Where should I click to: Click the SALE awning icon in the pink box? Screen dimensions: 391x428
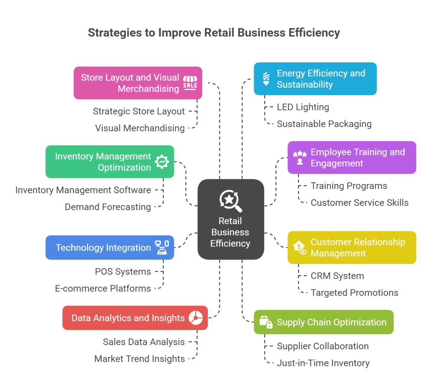point(190,83)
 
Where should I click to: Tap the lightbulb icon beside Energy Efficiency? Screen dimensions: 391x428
point(266,79)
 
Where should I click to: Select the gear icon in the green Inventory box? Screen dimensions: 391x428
point(162,162)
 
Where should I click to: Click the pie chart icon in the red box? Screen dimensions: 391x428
point(196,318)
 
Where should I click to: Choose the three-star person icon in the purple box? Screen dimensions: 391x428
point(300,157)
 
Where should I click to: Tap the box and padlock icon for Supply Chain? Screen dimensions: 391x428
point(266,322)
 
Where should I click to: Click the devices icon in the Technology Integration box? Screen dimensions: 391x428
point(162,247)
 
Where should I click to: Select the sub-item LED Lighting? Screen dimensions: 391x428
point(303,107)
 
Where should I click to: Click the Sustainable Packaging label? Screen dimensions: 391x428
point(324,124)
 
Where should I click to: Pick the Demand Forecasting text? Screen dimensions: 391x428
point(108,207)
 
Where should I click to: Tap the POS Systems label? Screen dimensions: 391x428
point(123,272)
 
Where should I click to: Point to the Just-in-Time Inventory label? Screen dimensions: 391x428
point(323,363)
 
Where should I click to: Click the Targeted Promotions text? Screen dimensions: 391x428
point(354,292)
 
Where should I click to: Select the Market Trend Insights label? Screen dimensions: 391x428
point(140,358)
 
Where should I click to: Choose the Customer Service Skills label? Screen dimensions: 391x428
point(359,203)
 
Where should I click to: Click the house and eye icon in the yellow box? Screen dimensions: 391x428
point(300,247)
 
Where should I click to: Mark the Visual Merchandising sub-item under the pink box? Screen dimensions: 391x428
point(140,128)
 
